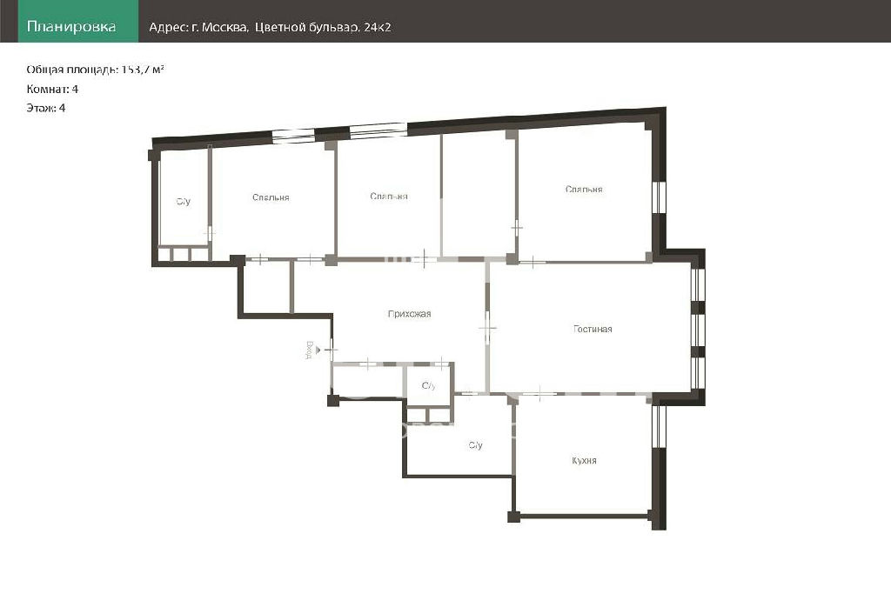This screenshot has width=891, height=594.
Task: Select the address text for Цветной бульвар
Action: pos(270,27)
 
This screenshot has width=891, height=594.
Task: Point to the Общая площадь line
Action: pos(96,70)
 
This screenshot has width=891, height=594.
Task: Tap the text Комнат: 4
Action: pos(52,89)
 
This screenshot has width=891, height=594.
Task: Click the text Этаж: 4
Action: pos(46,108)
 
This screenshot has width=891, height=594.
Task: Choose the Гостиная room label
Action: pos(593,329)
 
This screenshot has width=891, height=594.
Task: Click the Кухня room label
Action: pos(584,461)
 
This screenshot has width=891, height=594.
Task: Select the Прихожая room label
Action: pos(409,313)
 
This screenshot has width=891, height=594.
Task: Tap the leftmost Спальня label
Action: pos(271,197)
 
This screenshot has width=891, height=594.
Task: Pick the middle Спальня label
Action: pos(389,197)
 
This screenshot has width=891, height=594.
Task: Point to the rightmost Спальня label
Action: pos(584,189)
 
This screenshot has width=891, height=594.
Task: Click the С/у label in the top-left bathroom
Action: pos(183,202)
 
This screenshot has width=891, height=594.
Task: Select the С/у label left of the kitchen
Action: pos(476,445)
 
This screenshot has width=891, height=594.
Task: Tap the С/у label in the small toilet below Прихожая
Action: pos(428,386)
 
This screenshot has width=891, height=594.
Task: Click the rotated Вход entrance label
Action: pos(309,350)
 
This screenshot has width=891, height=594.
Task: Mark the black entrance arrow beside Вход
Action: pos(318,350)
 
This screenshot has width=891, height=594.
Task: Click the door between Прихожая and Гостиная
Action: pos(487,328)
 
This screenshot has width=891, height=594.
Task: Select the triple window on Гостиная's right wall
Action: pos(699,329)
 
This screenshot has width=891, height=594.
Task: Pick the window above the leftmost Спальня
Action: pos(292,135)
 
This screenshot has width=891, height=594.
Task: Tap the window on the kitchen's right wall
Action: pos(658,427)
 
